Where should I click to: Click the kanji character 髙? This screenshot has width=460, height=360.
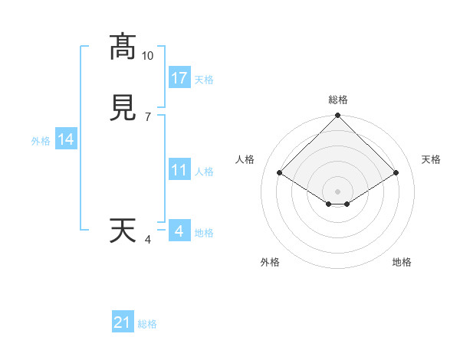[x=123, y=47]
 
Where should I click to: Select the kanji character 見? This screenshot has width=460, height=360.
[x=123, y=108]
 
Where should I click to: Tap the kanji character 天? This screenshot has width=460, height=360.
[x=123, y=231]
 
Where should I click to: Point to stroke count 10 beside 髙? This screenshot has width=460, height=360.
[x=148, y=56]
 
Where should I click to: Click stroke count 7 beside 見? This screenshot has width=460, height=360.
[x=147, y=116]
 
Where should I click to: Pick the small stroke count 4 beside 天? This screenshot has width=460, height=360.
[x=148, y=240]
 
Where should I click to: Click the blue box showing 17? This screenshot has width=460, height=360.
[x=179, y=77]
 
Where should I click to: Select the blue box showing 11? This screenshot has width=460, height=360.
[x=179, y=170]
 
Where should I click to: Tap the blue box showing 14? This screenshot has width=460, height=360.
[x=66, y=139]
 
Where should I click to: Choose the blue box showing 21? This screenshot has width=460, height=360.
[x=123, y=322]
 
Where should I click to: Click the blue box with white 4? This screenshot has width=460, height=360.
[x=179, y=231]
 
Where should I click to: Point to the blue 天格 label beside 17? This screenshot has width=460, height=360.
[x=204, y=80]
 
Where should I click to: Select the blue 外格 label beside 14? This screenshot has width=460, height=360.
[x=40, y=141]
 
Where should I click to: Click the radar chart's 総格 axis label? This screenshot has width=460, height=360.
[x=337, y=100]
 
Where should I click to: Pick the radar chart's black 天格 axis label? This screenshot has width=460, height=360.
[x=432, y=159]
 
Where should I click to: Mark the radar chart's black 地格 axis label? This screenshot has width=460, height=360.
[x=402, y=262]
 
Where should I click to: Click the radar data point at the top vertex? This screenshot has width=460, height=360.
[x=337, y=116]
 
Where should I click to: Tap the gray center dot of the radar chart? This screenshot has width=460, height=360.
[x=337, y=191]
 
